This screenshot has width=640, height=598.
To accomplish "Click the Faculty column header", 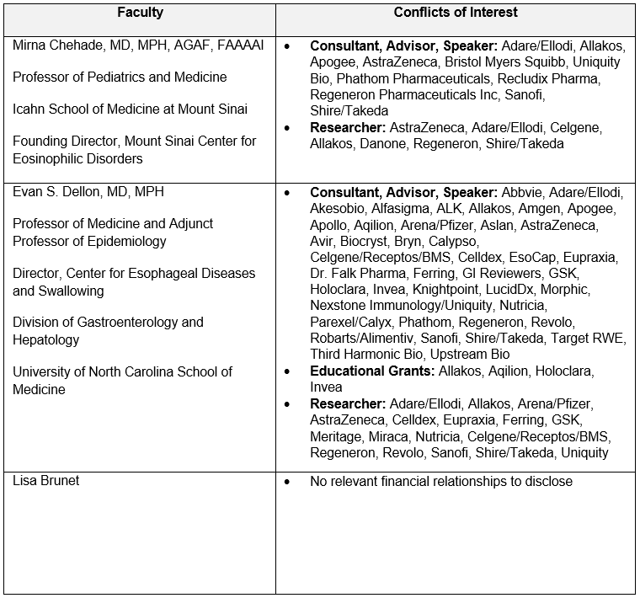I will pyautogui.click(x=139, y=13).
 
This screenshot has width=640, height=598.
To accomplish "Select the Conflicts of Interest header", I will pyautogui.click(x=456, y=13).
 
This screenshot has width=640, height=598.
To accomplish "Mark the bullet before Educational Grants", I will pyautogui.click(x=288, y=371).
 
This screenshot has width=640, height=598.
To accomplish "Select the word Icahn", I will pyautogui.click(x=29, y=109).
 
